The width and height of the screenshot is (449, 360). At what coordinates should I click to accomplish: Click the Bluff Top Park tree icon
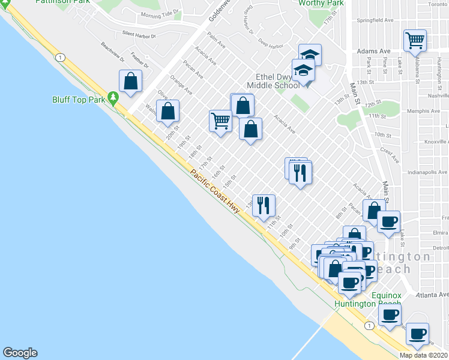(112, 98)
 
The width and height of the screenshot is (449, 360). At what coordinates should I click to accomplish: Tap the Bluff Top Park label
(79, 100)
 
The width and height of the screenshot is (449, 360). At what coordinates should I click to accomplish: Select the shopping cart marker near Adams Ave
(415, 41)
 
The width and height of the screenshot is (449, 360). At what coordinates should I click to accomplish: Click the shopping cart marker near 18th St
(221, 121)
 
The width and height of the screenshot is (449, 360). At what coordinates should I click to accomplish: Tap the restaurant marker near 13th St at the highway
(264, 206)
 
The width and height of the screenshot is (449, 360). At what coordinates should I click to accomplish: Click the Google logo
(20, 353)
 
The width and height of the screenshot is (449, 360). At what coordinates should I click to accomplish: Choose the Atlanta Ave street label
(435, 295)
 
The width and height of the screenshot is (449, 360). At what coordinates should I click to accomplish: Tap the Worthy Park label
(321, 4)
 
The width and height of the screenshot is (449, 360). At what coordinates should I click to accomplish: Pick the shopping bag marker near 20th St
(169, 110)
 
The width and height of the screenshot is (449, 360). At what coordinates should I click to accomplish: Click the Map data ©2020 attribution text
(424, 355)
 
